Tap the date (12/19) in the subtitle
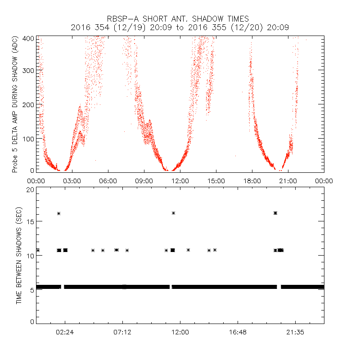(x=121, y=27)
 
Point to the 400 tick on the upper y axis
(x=28, y=39)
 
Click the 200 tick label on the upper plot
(x=28, y=104)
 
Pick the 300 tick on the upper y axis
(x=28, y=71)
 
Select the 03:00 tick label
(x=72, y=181)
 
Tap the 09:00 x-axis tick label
(x=144, y=181)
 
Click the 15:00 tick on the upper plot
(x=216, y=181)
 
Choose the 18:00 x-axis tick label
(x=252, y=181)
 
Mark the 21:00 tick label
(x=288, y=181)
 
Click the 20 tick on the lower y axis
(x=30, y=189)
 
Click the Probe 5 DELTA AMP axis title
(x=15, y=104)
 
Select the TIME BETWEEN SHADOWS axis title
(x=19, y=255)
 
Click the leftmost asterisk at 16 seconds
(x=58, y=213)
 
